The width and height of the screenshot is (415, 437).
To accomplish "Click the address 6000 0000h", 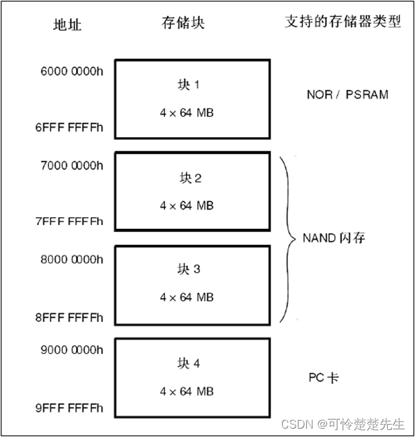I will (x=71, y=72).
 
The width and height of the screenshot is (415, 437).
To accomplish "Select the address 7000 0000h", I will (x=71, y=166).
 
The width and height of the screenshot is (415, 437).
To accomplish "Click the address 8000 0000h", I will (x=71, y=259).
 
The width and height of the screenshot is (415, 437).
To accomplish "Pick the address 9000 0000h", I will (x=71, y=351).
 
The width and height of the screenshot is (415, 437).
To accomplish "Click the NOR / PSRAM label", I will (x=347, y=94).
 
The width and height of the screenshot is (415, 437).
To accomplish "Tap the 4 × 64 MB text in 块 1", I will (x=186, y=113).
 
